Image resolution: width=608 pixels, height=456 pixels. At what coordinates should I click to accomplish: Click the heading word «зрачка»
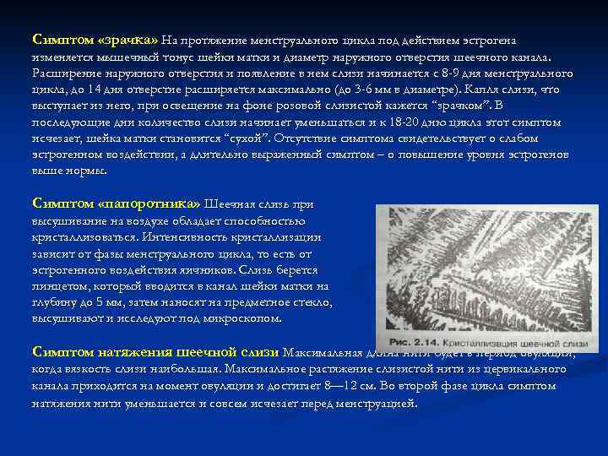point(129,39)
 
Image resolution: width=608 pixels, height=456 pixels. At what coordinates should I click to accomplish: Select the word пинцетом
point(58,286)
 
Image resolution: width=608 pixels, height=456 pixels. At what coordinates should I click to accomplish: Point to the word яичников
point(199,270)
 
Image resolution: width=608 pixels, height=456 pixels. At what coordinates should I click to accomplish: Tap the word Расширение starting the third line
point(66,73)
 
